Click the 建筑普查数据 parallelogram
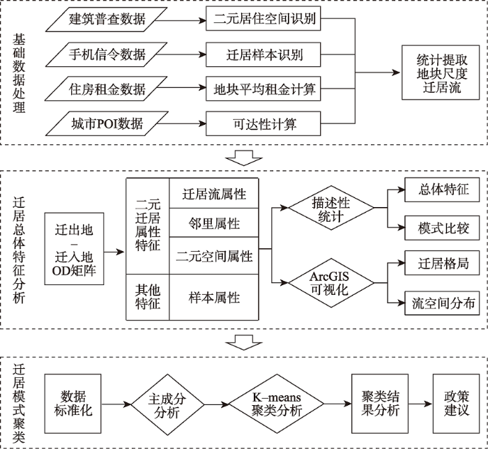pyautogui.click(x=107, y=19)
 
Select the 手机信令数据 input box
pyautogui.click(x=107, y=54)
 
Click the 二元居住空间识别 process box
pyautogui.click(x=264, y=19)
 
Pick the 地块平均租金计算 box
pyautogui.click(x=264, y=90)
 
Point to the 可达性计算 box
pyautogui.click(x=264, y=125)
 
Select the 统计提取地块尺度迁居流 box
pyautogui.click(x=438, y=73)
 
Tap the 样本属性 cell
pyautogui.click(x=215, y=298)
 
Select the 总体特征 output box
pyautogui.click(x=442, y=190)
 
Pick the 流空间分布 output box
pyautogui.click(x=442, y=303)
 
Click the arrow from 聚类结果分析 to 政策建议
pyautogui.click(x=418, y=404)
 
